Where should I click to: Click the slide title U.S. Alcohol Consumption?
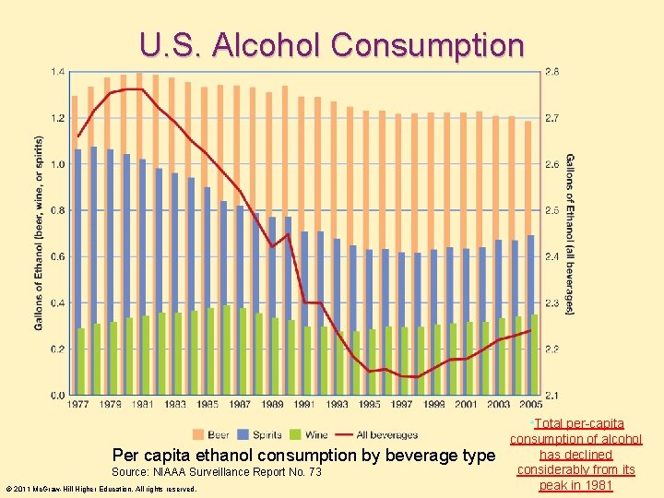[332, 44]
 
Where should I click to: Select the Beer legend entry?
[211, 434]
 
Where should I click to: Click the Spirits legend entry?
[262, 434]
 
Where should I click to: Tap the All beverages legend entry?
[377, 434]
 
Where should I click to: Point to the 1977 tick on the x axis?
[79, 404]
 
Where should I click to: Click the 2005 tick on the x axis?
[529, 404]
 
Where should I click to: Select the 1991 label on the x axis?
[304, 404]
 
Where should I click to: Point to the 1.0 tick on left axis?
[57, 164]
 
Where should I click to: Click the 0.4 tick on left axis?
[57, 302]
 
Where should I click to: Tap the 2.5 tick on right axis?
[551, 210]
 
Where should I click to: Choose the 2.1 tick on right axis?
[551, 395]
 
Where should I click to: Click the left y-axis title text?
[39, 232]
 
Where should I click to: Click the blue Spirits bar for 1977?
[77, 272]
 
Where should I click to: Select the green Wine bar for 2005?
[534, 355]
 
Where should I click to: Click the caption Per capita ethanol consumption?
[303, 455]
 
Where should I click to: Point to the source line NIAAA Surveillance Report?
[217, 472]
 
